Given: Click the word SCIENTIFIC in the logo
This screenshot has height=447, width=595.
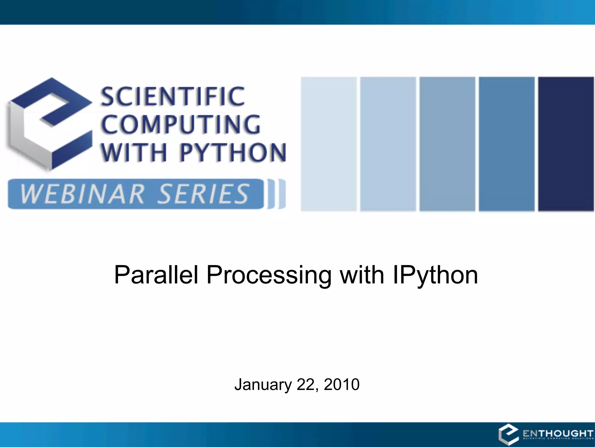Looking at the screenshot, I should pos(173,97).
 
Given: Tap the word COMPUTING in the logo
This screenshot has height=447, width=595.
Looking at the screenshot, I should pos(181,125).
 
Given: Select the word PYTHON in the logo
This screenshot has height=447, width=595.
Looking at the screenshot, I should pos(233,152).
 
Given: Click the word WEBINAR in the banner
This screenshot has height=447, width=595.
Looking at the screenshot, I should pos(82,194).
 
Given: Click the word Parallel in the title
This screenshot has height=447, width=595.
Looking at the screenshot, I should pos(156,275).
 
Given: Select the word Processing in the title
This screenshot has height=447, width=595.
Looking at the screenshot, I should pos(269,275).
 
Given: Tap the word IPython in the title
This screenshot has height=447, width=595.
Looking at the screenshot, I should pos(435,275).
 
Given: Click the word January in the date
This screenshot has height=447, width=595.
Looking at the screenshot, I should pos(263,385).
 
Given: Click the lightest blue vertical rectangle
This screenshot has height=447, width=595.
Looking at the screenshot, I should pos(329,144).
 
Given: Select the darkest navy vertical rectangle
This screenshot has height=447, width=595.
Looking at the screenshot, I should pos(566,144).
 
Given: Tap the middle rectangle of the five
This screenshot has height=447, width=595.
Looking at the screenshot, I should pos(447,144).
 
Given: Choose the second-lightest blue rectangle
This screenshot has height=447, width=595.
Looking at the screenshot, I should pos(388,144).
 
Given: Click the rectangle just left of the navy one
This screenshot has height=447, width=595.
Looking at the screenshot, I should pos(506,144).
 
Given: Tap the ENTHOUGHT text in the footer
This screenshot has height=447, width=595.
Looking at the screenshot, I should pos(558,433).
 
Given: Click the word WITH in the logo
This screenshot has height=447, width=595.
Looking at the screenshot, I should pos(134,152).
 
